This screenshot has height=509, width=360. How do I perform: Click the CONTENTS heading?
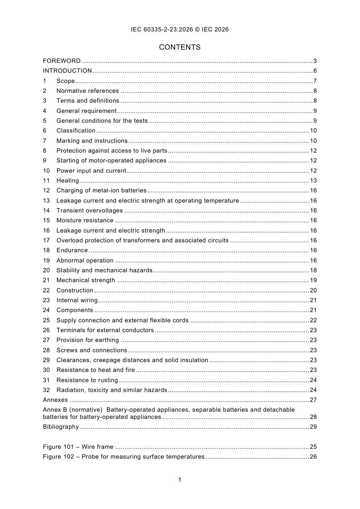180,47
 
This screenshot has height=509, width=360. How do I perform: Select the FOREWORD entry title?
62,61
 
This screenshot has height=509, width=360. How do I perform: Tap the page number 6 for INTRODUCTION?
315,71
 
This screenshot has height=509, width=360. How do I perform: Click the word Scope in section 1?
66,81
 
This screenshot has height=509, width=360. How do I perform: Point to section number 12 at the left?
46,190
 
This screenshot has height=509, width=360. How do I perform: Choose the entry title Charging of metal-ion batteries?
101,190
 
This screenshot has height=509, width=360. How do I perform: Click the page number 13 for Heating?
313,181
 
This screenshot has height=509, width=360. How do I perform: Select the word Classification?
76,131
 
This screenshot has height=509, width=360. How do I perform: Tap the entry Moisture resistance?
85,220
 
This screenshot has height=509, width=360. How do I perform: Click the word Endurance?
72,250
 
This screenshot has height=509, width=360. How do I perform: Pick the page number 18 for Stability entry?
313,270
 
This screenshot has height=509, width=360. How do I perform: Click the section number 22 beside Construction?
46,290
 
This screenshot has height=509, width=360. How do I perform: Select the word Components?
75,310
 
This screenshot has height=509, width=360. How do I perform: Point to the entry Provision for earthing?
88,340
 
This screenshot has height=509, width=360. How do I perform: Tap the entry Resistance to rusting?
87,380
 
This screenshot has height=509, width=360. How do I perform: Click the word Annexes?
55,400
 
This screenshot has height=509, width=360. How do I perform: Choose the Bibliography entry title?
61,427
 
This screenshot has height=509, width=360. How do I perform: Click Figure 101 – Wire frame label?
78,447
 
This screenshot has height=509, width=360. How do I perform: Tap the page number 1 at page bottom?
180,480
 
